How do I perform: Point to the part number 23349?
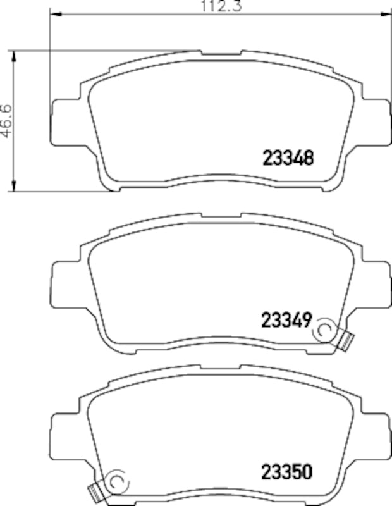pos(285,321)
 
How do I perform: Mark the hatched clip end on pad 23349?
pos(345,341)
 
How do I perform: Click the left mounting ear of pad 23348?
pos(64,120)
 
